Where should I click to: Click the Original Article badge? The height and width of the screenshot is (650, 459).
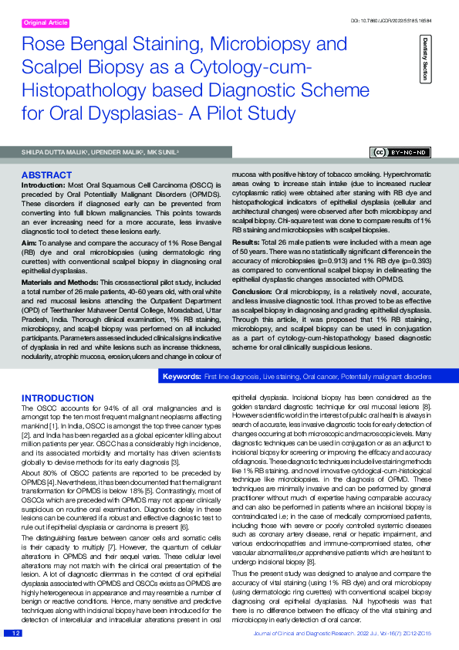coord(46,23)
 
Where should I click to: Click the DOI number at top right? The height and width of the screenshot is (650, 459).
coord(397,19)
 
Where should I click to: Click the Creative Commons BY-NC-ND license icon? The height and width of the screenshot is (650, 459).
coord(398,152)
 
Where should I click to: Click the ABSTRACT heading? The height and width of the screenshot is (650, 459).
coord(46,175)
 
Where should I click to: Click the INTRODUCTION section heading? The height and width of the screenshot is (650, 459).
coord(57,398)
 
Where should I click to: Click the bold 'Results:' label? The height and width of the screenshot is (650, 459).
coord(247,242)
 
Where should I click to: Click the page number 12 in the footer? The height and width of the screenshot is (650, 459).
coord(15,633)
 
